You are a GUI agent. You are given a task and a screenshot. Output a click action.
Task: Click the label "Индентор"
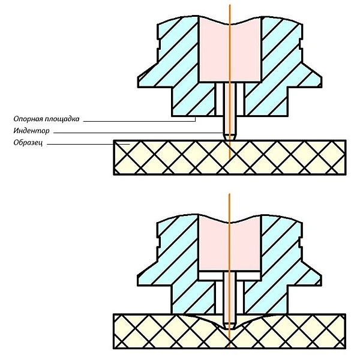point(32,131)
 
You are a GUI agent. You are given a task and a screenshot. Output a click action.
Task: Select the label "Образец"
point(29,143)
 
